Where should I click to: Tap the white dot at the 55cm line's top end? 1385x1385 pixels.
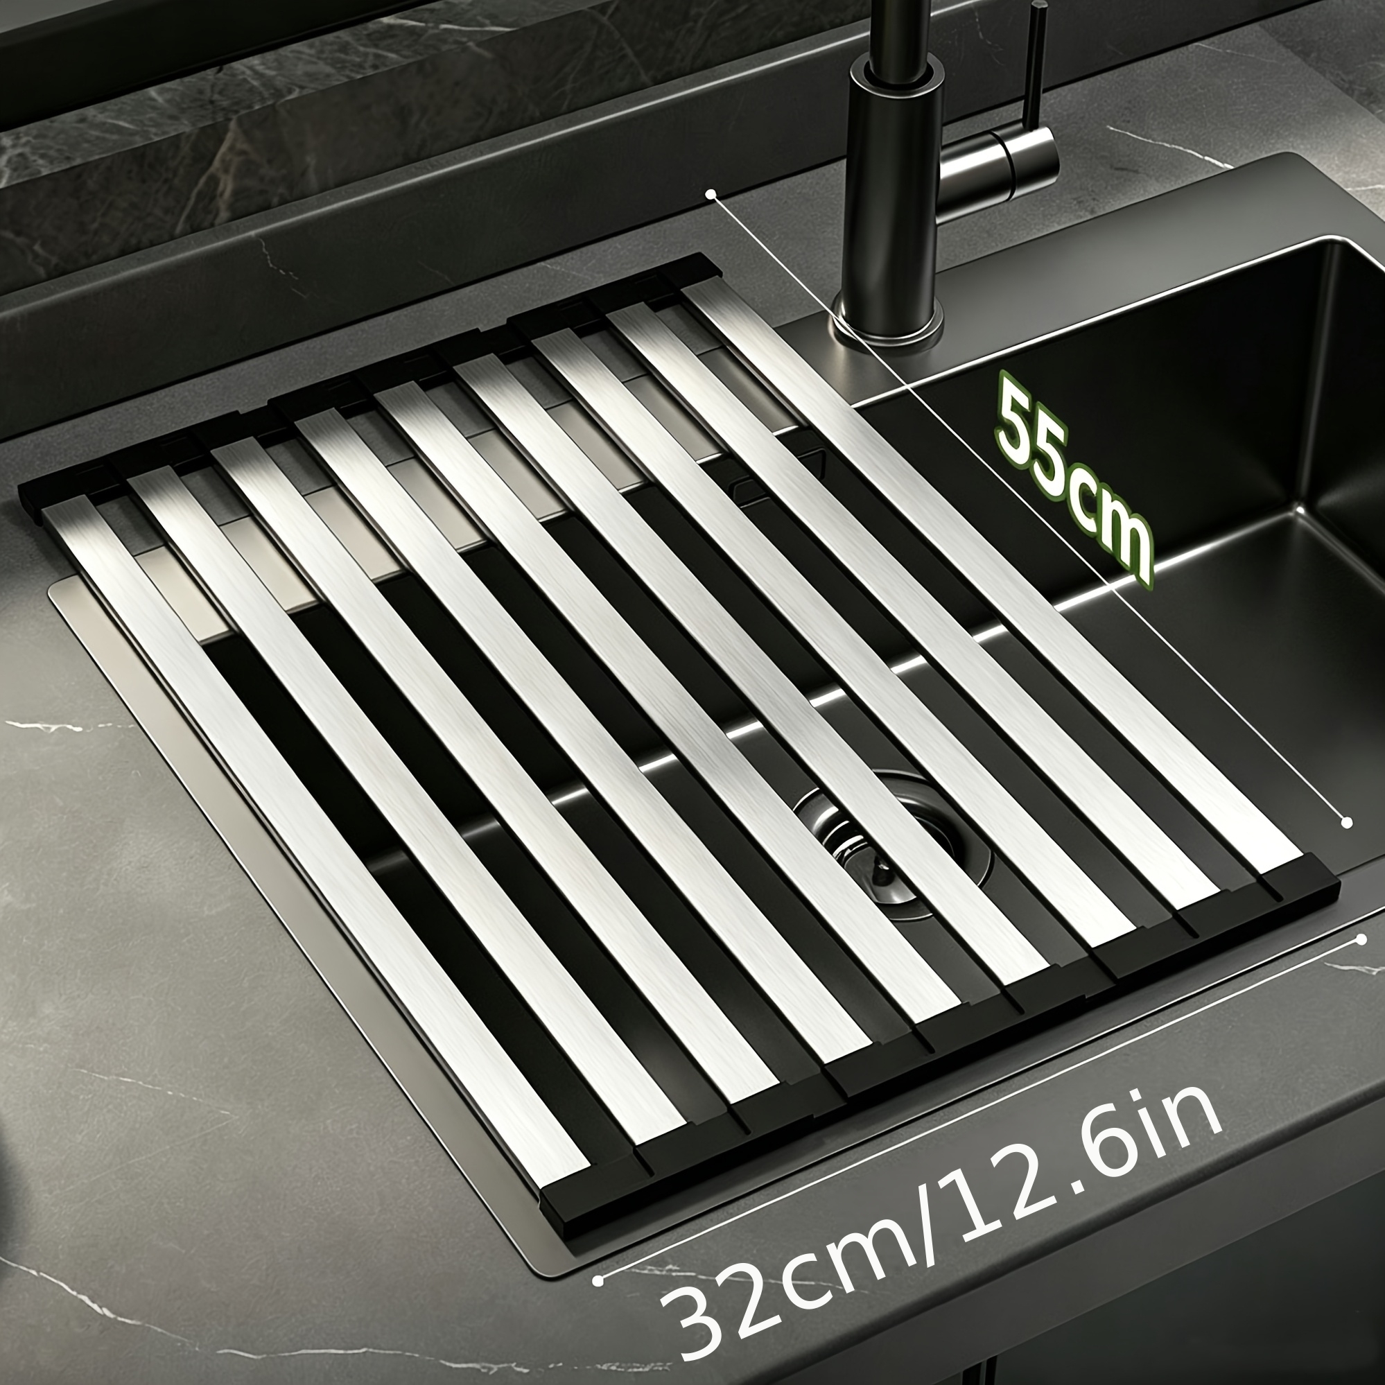pos(711,193)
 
